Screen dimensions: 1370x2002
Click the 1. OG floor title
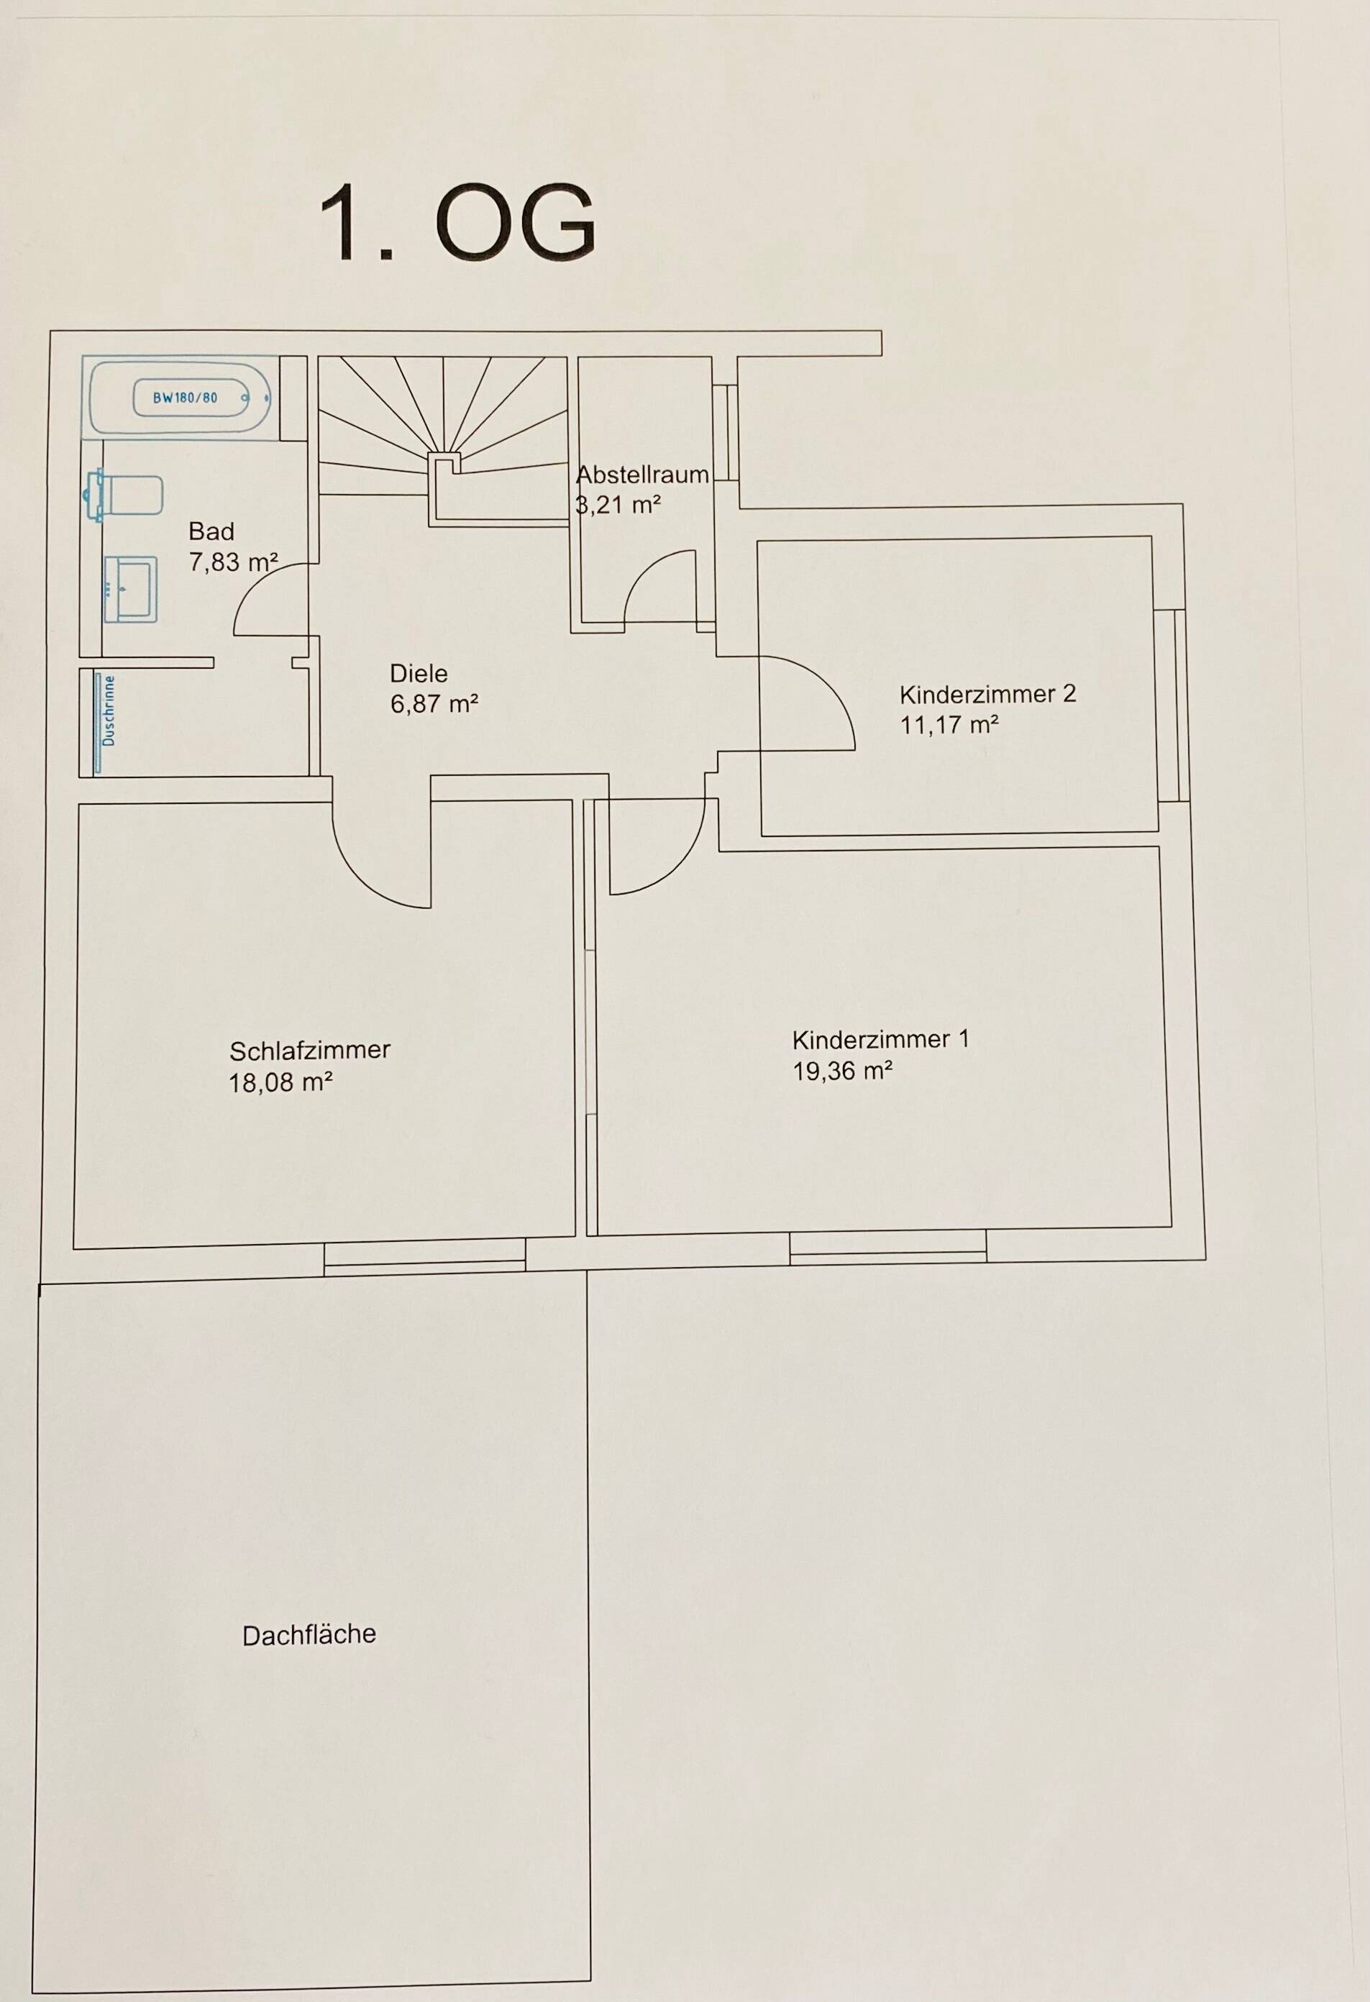pyautogui.click(x=457, y=223)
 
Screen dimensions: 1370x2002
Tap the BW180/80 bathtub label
pyautogui.click(x=186, y=398)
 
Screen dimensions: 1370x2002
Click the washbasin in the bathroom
pyautogui.click(x=130, y=588)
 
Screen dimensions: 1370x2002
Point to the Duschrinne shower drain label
pyautogui.click(x=108, y=711)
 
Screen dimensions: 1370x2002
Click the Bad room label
pyautogui.click(x=211, y=531)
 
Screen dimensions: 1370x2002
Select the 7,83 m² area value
pyautogui.click(x=232, y=562)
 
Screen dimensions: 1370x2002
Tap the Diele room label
pyautogui.click(x=419, y=674)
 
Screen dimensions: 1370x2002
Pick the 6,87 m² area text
pyautogui.click(x=434, y=704)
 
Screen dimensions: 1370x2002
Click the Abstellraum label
pyautogui.click(x=642, y=475)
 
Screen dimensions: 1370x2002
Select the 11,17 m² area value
pyautogui.click(x=949, y=726)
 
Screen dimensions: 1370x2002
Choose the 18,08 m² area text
pyautogui.click(x=281, y=1082)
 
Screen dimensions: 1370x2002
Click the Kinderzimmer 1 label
pyautogui.click(x=880, y=1040)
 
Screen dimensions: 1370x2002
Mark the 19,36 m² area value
pyautogui.click(x=843, y=1071)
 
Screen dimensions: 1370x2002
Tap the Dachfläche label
pyautogui.click(x=309, y=1635)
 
